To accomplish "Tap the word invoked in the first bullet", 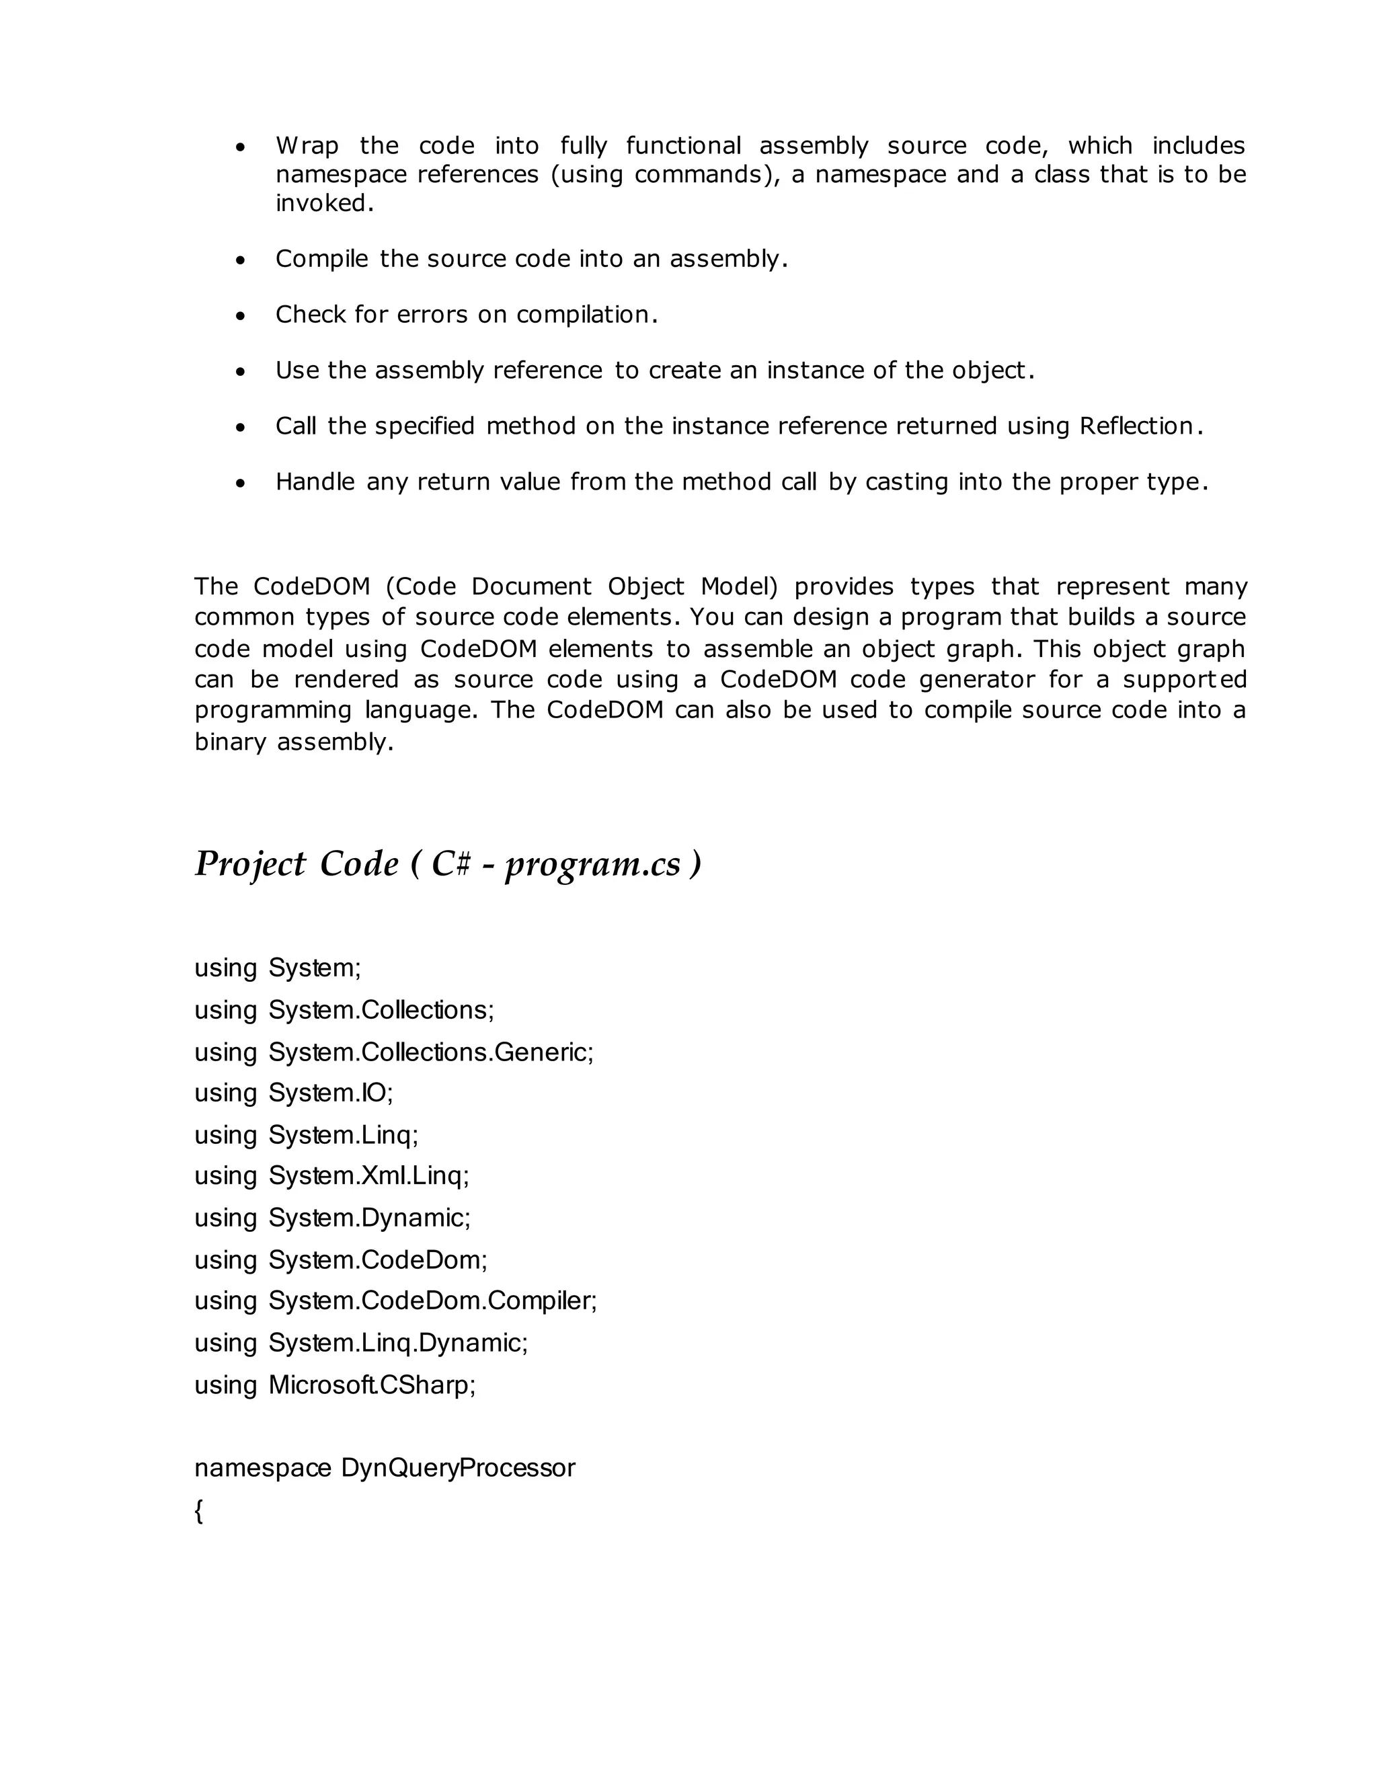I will pos(324,203).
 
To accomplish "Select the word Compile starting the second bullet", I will pos(321,259).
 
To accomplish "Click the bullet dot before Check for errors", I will pos(240,316).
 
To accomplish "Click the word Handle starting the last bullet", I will pos(315,482).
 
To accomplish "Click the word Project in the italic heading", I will pos(250,864).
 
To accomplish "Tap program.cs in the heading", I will pos(593,864).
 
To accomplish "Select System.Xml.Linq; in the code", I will pos(368,1175).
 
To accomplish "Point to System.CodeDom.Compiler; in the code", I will pos(432,1301).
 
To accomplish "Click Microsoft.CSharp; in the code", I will pos(372,1385).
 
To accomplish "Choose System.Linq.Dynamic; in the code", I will pos(398,1342).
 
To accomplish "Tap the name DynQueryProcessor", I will pos(458,1468).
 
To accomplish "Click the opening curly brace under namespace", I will pos(199,1510).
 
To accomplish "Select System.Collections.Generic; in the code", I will pos(431,1052).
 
